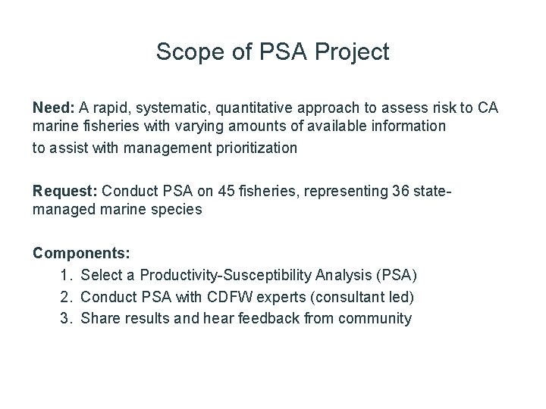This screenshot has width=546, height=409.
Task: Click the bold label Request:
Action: [65, 190]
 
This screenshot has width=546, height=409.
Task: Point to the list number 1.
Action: [66, 274]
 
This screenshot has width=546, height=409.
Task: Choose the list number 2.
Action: [66, 296]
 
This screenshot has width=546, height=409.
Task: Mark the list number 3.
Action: [66, 318]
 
